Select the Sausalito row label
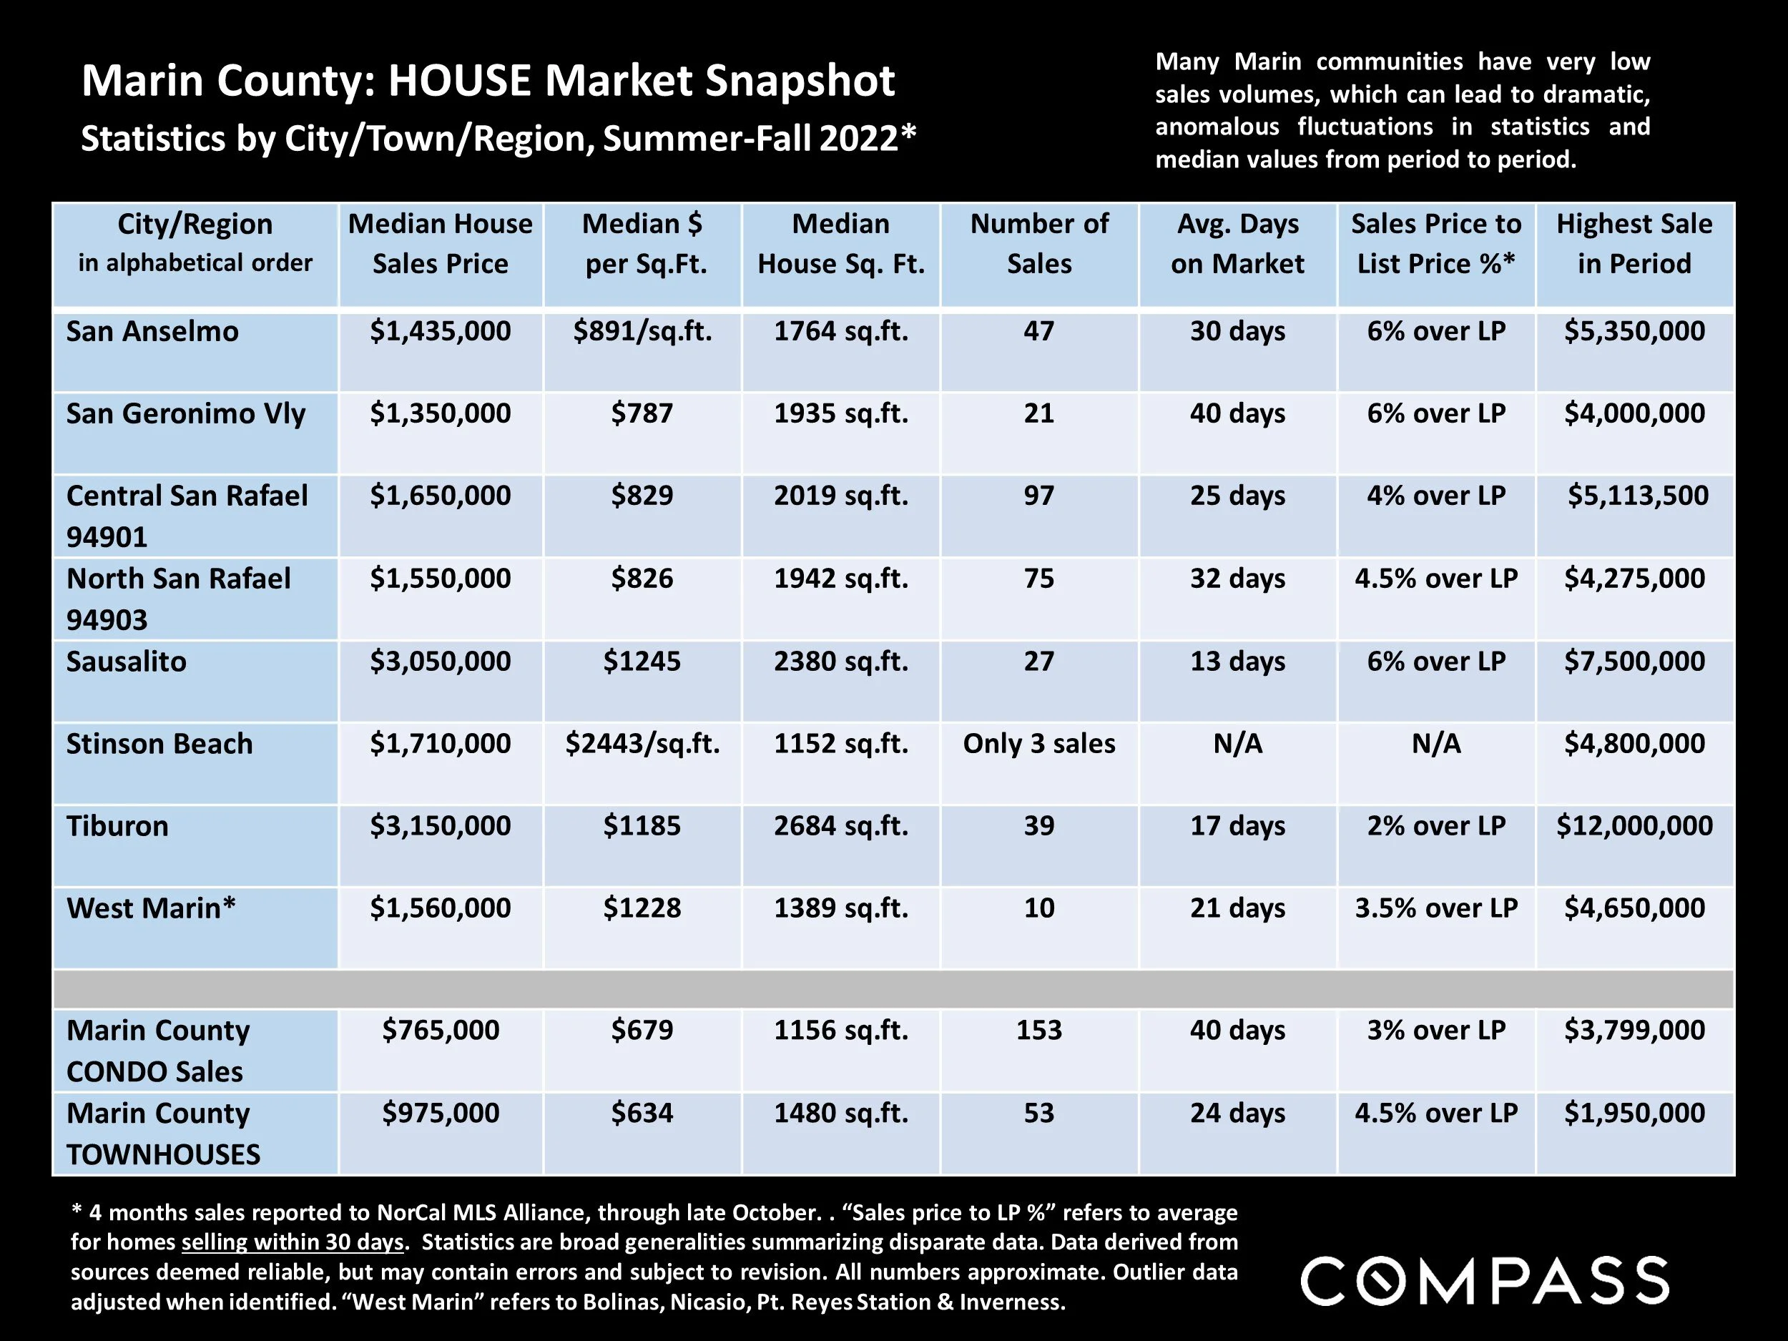pyautogui.click(x=126, y=662)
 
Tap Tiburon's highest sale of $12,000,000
pyautogui.click(x=1634, y=826)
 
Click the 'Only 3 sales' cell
pyautogui.click(x=1038, y=744)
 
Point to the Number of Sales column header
pyautogui.click(x=1038, y=243)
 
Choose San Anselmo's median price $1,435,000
pyautogui.click(x=441, y=331)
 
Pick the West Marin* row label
pyautogui.click(x=151, y=908)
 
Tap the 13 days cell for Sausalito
pyautogui.click(x=1237, y=662)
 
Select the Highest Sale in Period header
pyautogui.click(x=1634, y=243)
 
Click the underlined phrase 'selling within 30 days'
pyautogui.click(x=293, y=1242)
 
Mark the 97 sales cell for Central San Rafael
pyautogui.click(x=1038, y=496)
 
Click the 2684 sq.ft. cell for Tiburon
pyautogui.click(x=840, y=826)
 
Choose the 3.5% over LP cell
pyautogui.click(x=1436, y=908)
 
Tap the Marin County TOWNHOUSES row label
pyautogui.click(x=163, y=1134)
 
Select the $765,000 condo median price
pyautogui.click(x=441, y=1031)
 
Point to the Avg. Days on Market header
pyautogui.click(x=1237, y=243)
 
